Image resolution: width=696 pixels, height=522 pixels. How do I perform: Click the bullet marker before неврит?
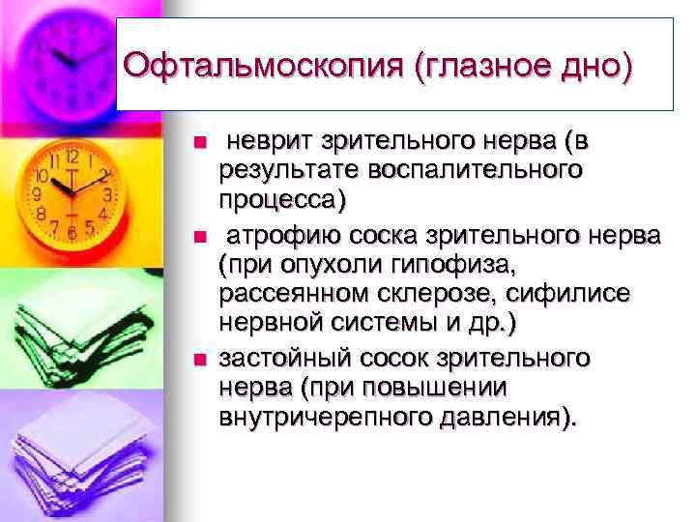[199, 143]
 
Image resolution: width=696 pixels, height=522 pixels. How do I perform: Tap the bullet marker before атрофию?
[199, 237]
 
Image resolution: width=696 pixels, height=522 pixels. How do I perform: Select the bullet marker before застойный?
[199, 361]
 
